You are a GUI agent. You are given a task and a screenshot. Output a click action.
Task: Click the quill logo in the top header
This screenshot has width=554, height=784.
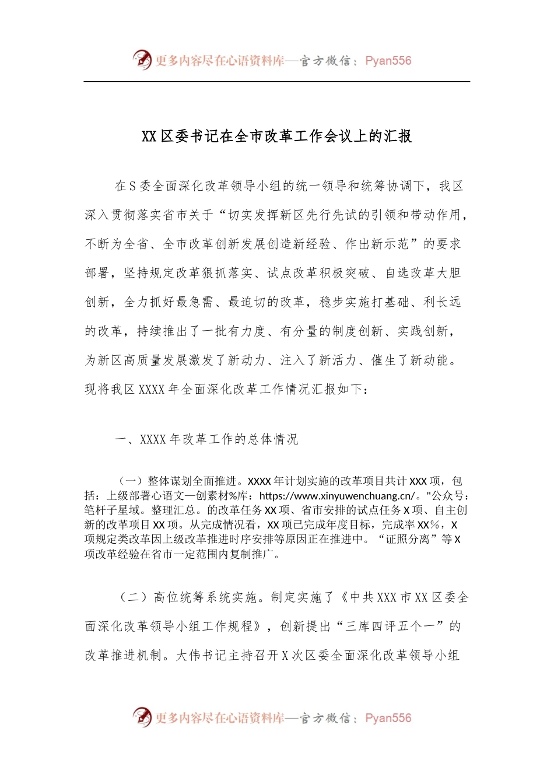coord(142,60)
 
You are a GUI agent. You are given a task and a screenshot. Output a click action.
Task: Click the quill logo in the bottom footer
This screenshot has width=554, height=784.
coord(142,717)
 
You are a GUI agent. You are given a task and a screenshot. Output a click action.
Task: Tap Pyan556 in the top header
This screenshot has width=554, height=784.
coord(388,61)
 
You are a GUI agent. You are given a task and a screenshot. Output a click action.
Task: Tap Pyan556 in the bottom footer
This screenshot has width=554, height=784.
coord(388,718)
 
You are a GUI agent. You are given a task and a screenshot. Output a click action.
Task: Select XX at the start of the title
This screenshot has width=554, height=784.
coord(149,136)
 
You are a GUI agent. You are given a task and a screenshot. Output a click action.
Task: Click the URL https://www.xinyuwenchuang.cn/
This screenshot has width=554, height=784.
coord(337,496)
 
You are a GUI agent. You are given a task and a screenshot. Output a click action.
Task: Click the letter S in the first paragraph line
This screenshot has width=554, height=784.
coord(132,186)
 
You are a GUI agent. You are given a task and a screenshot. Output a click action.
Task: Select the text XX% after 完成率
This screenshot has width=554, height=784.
coord(429,525)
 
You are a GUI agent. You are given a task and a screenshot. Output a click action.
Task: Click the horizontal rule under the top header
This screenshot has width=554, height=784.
coord(276,82)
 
